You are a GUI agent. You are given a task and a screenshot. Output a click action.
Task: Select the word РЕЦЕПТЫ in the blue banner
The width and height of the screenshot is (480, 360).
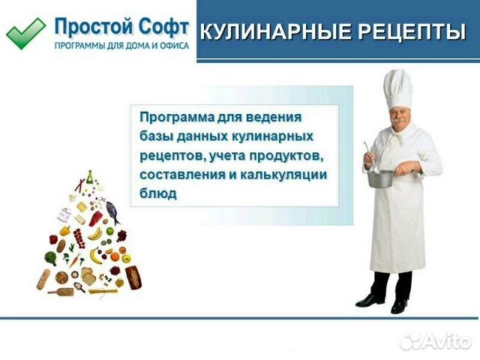[x=412, y=31]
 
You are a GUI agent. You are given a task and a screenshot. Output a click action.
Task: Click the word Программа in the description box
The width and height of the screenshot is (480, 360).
[x=177, y=118]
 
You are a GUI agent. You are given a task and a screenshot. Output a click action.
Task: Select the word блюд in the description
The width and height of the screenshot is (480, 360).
[x=158, y=193]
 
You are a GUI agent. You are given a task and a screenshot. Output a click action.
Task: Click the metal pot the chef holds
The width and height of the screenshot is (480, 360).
[x=380, y=178]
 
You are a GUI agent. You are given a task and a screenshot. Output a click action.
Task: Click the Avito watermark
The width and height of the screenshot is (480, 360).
[x=436, y=340]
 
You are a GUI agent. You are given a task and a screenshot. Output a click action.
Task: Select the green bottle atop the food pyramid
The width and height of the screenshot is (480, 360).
[x=89, y=177]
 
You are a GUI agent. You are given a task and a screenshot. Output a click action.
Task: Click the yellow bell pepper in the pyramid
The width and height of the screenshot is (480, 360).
[x=65, y=230]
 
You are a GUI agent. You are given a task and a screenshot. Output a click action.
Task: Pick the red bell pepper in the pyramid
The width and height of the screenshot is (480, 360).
[x=53, y=239]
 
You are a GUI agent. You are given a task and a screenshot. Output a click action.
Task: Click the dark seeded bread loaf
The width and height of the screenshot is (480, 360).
[x=133, y=277]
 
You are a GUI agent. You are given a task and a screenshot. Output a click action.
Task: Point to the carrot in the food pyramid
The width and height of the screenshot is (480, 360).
[x=74, y=260]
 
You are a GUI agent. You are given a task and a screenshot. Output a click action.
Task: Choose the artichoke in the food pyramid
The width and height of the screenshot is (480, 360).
[x=51, y=258]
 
